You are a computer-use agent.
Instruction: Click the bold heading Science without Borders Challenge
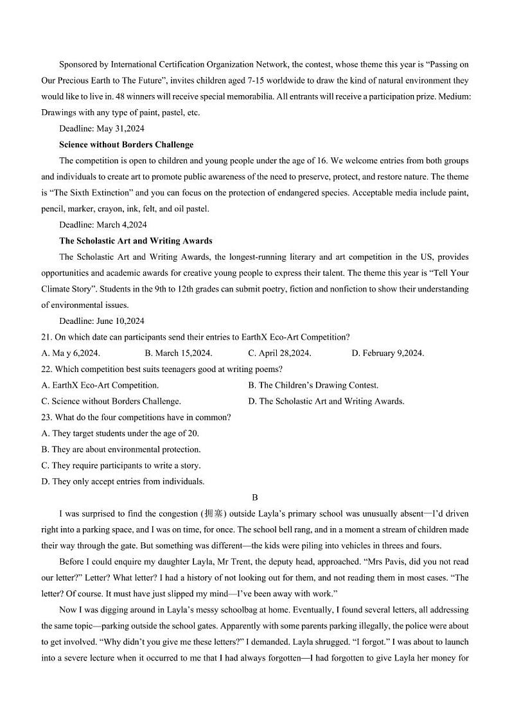click(126, 145)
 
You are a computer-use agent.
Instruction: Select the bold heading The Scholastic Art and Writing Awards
click(136, 241)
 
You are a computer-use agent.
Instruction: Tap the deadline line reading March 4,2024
click(102, 225)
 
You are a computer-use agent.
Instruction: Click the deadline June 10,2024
click(101, 321)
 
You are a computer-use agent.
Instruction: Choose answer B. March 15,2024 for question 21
click(179, 353)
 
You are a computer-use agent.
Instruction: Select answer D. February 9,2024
click(388, 353)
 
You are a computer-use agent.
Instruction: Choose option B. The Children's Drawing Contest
click(313, 386)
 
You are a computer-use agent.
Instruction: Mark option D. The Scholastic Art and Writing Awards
click(326, 402)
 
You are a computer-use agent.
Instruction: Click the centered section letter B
click(255, 497)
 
